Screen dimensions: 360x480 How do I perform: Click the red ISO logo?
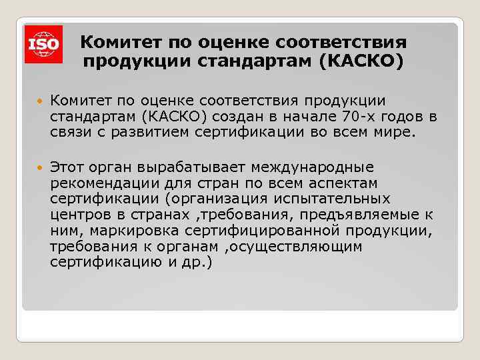pyautogui.click(x=44, y=44)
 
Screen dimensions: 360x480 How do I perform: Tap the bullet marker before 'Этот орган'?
pyautogui.click(x=39, y=167)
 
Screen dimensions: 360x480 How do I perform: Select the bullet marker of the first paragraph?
pyautogui.click(x=39, y=101)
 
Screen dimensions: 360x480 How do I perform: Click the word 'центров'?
pyautogui.click(x=77, y=214)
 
